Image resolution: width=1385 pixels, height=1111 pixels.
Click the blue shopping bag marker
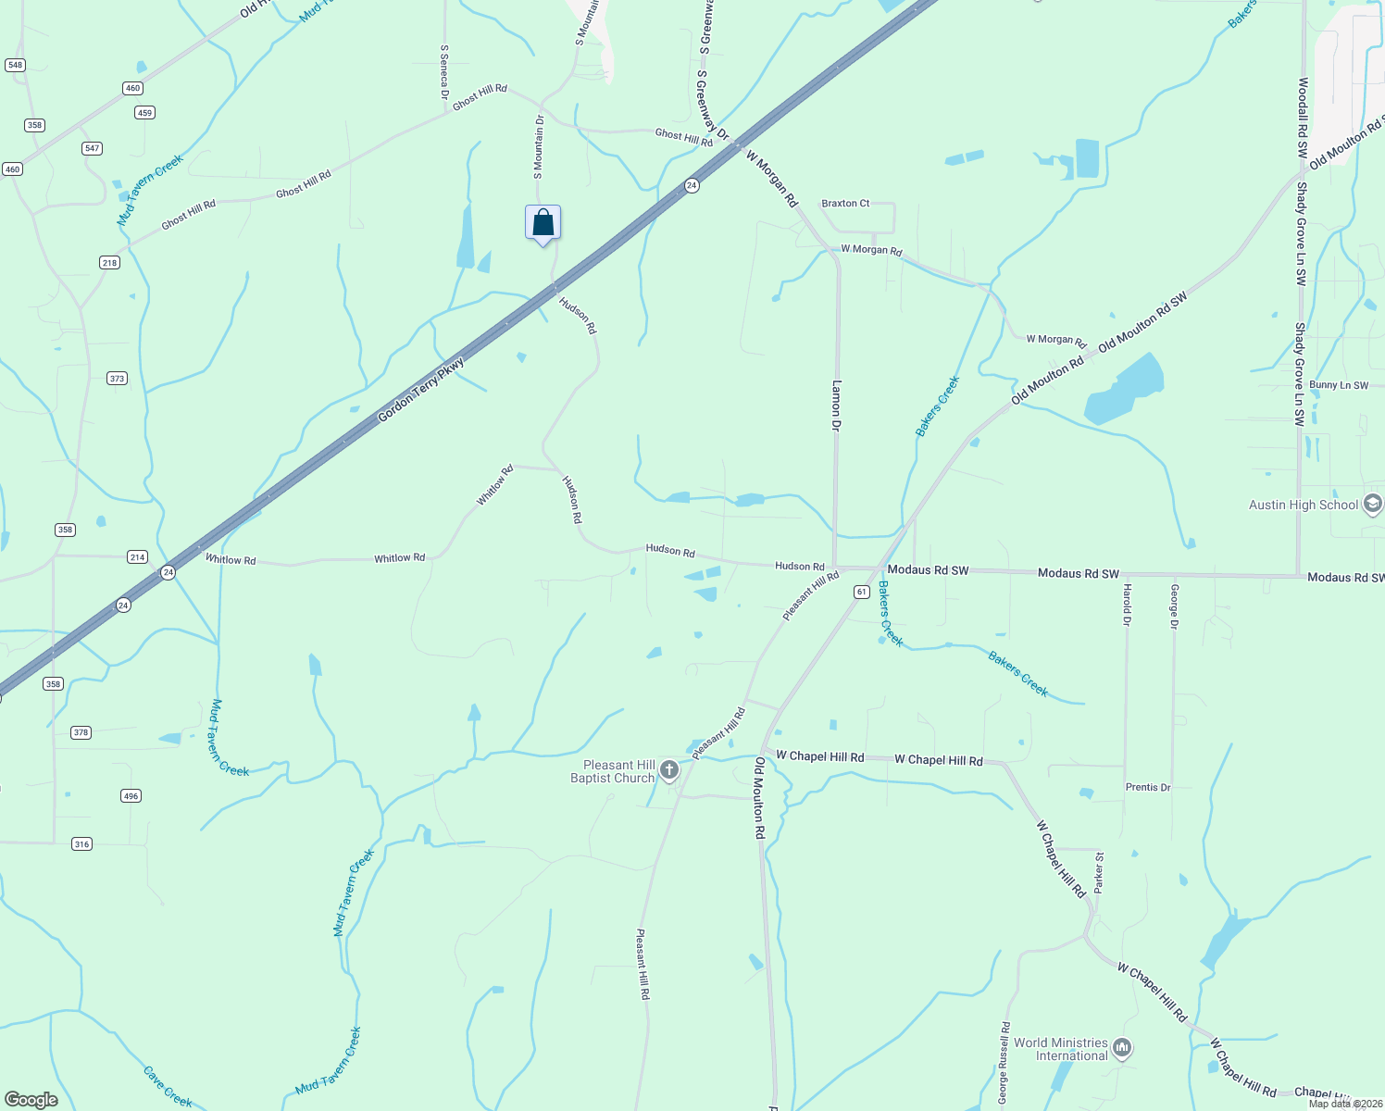pyautogui.click(x=543, y=223)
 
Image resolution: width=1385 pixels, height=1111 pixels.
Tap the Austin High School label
pyautogui.click(x=1304, y=505)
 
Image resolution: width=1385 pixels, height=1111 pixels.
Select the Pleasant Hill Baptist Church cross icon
pyautogui.click(x=669, y=770)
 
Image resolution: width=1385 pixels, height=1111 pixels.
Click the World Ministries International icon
pyautogui.click(x=1122, y=1048)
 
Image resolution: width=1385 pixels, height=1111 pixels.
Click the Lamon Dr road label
pyautogui.click(x=836, y=406)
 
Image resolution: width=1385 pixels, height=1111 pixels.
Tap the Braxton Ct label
pyautogui.click(x=845, y=203)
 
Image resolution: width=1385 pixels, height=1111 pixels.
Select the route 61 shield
pyautogui.click(x=861, y=592)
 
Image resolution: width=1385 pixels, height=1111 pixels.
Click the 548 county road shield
pyautogui.click(x=15, y=65)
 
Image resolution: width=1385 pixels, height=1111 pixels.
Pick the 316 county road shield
pyautogui.click(x=82, y=843)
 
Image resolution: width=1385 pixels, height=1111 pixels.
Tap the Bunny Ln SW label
pyautogui.click(x=1339, y=385)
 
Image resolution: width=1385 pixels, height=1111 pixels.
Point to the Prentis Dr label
pyautogui.click(x=1148, y=787)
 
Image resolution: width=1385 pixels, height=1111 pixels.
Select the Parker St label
pyautogui.click(x=1099, y=873)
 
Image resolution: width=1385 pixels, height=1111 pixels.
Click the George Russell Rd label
pyautogui.click(x=1004, y=1063)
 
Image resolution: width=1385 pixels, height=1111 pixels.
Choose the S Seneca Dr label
pyautogui.click(x=444, y=72)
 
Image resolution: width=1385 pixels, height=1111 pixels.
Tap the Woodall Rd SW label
pyautogui.click(x=1303, y=119)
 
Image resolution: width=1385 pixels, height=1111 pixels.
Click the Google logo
pyautogui.click(x=31, y=1100)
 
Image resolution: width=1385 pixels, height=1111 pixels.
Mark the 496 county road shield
pyautogui.click(x=131, y=795)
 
